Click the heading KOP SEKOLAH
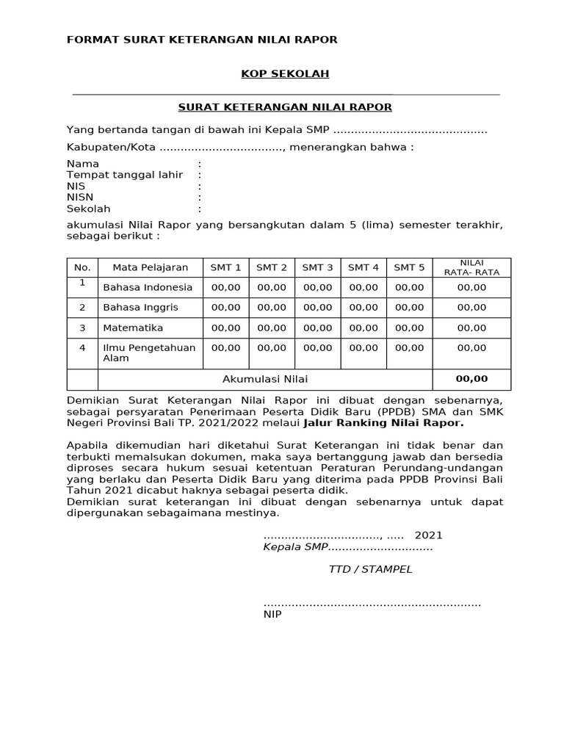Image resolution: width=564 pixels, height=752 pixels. pyautogui.click(x=286, y=73)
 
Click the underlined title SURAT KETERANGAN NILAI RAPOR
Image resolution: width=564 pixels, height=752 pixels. pyautogui.click(x=286, y=107)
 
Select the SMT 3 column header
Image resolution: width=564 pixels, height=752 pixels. pyautogui.click(x=317, y=267)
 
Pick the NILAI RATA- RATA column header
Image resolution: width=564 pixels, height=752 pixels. pyautogui.click(x=471, y=267)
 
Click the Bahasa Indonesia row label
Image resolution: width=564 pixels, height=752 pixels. pyautogui.click(x=148, y=287)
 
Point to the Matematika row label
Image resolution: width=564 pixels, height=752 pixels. pyautogui.click(x=133, y=328)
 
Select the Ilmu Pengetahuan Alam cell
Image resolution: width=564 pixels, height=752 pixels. pyautogui.click(x=149, y=352)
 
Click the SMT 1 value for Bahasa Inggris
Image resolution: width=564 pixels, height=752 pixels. pyautogui.click(x=225, y=307)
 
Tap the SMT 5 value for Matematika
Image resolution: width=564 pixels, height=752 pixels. pyautogui.click(x=409, y=328)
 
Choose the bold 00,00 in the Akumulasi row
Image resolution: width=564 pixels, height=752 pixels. pyautogui.click(x=471, y=379)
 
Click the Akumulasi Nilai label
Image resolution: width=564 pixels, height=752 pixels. pyautogui.click(x=265, y=379)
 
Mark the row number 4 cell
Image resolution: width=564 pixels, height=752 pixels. pyautogui.click(x=82, y=347)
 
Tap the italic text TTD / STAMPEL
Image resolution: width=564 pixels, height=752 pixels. pyautogui.click(x=370, y=569)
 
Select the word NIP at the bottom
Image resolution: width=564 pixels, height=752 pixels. pyautogui.click(x=272, y=615)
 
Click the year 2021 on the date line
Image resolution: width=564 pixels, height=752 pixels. pyautogui.click(x=429, y=535)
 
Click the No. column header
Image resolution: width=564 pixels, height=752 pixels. pyautogui.click(x=82, y=267)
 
